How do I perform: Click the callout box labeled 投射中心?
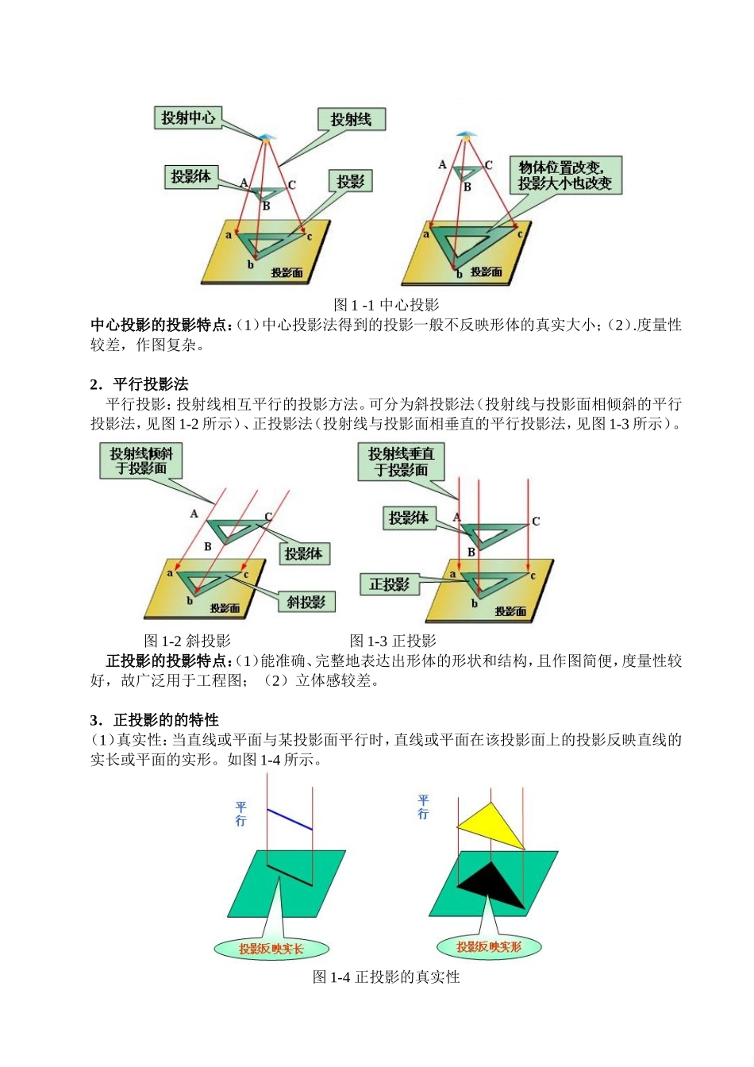[187, 118]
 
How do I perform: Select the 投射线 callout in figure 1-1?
[351, 119]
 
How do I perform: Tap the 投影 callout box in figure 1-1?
[350, 182]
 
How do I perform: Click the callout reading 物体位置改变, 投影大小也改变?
[565, 175]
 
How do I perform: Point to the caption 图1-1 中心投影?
[387, 305]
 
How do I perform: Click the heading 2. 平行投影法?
[140, 384]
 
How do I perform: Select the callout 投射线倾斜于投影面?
[141, 460]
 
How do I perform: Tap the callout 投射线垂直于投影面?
[401, 461]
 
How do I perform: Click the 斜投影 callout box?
[306, 602]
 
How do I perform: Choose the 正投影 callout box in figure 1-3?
[389, 585]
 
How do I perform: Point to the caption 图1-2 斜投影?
[187, 641]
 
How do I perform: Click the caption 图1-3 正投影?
[393, 641]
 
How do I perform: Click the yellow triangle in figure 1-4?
[493, 826]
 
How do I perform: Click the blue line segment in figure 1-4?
[290, 819]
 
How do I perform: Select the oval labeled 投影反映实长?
[271, 949]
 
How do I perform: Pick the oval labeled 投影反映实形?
[489, 946]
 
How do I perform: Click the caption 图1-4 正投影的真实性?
[387, 977]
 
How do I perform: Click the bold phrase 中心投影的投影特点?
[161, 325]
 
